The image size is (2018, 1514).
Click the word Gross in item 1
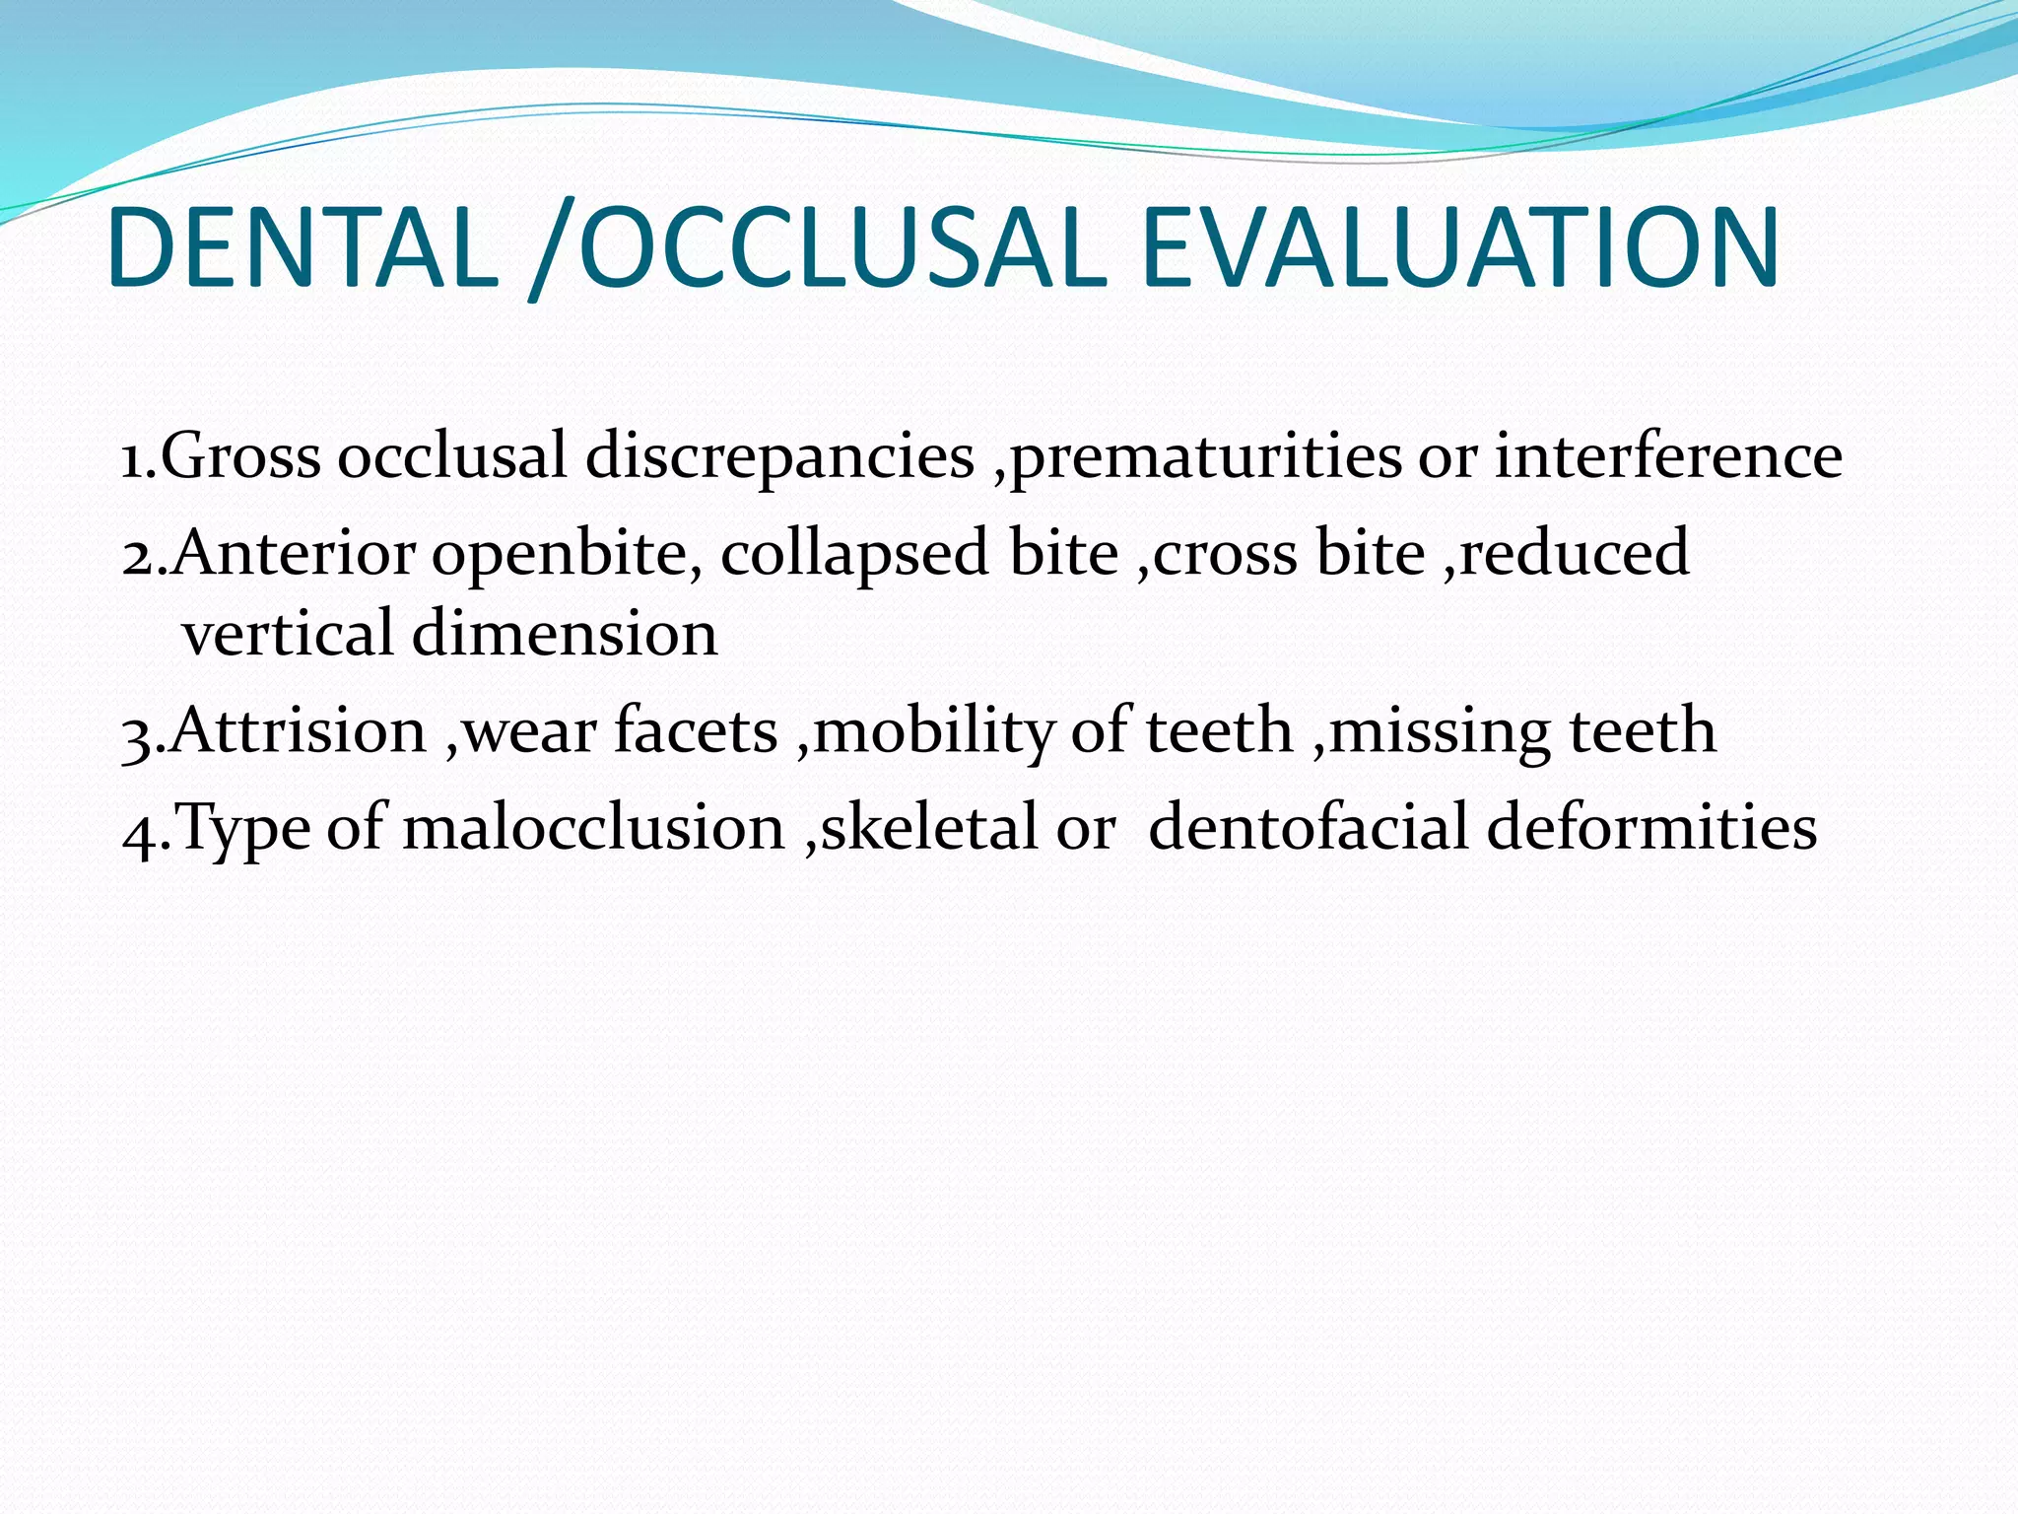(240, 456)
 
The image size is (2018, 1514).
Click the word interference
(1667, 456)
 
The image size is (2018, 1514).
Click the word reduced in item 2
(1574, 553)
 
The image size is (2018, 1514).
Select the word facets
(696, 731)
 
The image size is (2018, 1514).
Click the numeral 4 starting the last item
(138, 831)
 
